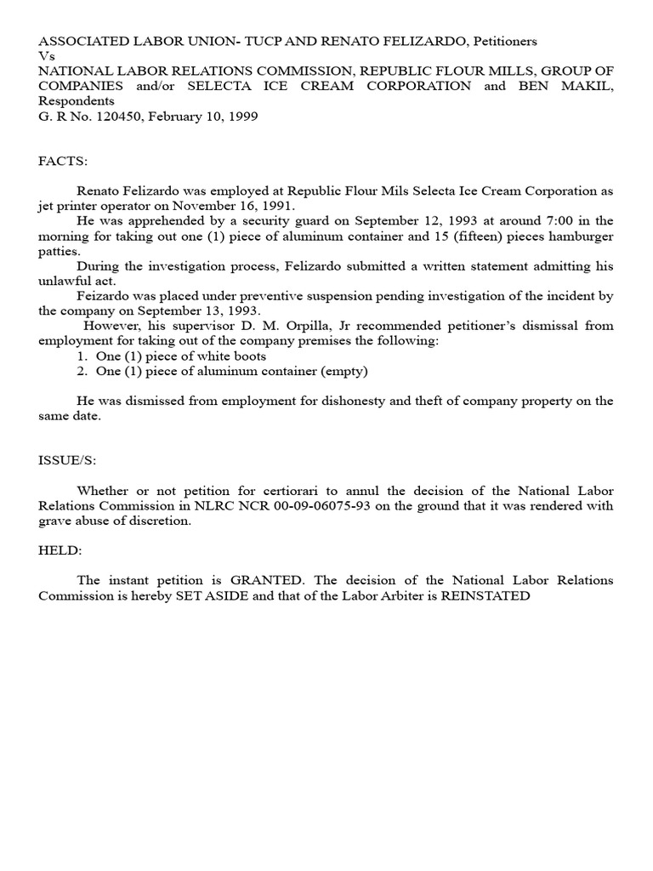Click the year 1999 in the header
(241, 117)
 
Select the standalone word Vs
(46, 55)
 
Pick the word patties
(58, 251)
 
